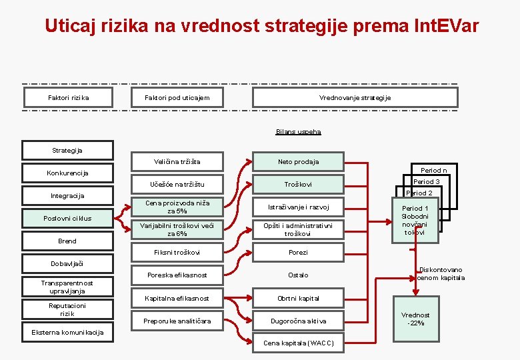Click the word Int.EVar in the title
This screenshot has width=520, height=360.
click(x=445, y=26)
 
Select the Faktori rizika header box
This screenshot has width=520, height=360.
click(x=68, y=98)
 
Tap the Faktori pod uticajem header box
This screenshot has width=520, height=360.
click(x=177, y=98)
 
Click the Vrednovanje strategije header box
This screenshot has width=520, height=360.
click(x=355, y=98)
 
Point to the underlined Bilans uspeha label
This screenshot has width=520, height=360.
click(x=298, y=131)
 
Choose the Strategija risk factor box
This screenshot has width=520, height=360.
click(x=67, y=150)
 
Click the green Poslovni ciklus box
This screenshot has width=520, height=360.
click(x=67, y=218)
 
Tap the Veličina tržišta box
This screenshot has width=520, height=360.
click(x=177, y=162)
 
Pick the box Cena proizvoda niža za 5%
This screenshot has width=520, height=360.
click(x=177, y=207)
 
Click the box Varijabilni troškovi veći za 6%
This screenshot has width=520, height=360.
click(x=177, y=229)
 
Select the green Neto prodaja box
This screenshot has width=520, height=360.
click(x=298, y=162)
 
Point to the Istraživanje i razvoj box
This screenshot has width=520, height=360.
click(x=298, y=207)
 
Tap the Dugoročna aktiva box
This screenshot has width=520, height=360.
click(x=298, y=321)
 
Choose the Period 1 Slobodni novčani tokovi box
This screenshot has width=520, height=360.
click(x=415, y=220)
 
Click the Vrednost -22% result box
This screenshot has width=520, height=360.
click(x=415, y=319)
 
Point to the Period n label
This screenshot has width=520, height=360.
click(x=433, y=171)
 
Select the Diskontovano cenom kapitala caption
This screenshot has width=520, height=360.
click(x=441, y=274)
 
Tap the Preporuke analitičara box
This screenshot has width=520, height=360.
click(x=177, y=321)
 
